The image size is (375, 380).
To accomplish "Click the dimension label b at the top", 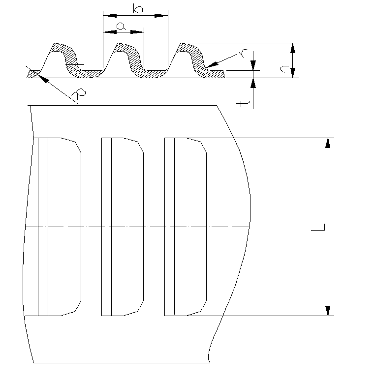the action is tap(138, 8).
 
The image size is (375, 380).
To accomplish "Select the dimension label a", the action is tap(121, 26).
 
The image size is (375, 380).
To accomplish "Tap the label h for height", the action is tap(282, 69).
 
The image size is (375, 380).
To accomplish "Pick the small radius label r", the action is tap(243, 53).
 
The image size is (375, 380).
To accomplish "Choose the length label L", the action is tap(318, 227).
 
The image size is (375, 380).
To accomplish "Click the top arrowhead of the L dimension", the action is tap(328, 143).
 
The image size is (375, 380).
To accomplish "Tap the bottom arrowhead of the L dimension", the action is tap(328, 311).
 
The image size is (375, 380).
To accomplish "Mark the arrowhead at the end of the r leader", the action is tap(212, 64).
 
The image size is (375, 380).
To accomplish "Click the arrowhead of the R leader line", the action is tap(44, 78).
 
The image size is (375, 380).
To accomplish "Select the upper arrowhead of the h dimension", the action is tap(293, 48).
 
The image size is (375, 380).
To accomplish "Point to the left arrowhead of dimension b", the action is tap(110, 16).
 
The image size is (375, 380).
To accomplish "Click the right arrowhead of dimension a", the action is tap(137, 32).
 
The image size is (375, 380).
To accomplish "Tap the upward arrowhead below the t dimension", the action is tap(253, 83).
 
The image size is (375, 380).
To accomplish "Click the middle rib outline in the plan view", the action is tap(123, 227).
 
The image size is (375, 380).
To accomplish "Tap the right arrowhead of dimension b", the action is tap(161, 16).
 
